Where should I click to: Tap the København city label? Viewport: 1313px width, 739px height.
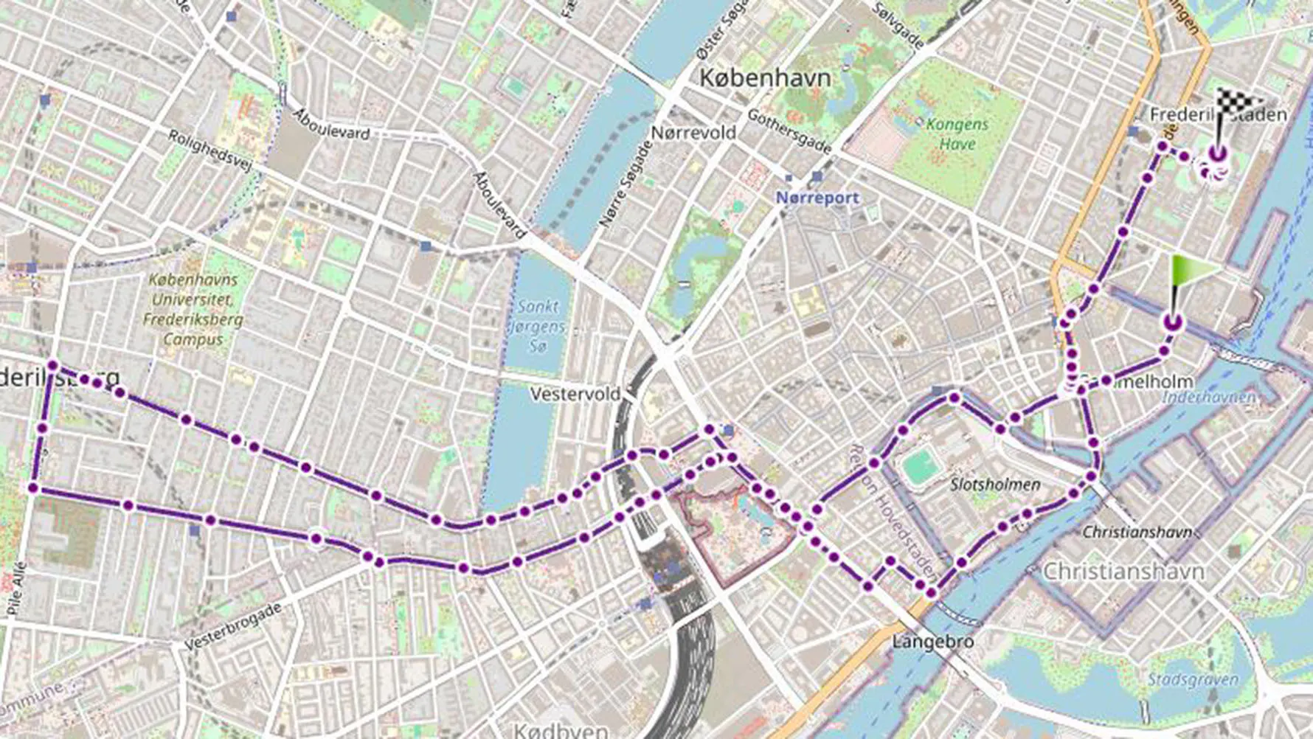point(764,77)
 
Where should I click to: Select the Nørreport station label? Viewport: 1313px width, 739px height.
point(817,198)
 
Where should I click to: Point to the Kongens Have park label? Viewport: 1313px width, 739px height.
point(957,134)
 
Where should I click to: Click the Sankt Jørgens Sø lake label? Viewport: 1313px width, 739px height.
point(538,325)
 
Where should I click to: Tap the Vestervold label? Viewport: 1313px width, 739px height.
point(575,394)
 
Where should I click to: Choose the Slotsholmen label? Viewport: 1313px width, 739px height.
point(995,485)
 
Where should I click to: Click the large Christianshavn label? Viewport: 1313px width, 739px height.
point(1123,571)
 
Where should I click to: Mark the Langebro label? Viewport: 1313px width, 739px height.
point(932,642)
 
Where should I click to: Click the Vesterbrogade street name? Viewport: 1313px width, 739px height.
point(232,626)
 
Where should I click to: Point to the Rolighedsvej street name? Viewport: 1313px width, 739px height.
point(209,151)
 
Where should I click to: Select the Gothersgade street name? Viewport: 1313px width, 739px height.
point(789,131)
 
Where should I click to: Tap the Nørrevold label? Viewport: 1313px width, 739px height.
point(693,133)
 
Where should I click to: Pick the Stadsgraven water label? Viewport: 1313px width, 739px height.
point(1192,679)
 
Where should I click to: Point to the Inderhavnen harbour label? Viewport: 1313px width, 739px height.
point(1208,398)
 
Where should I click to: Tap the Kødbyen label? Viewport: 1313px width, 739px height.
point(561,730)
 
